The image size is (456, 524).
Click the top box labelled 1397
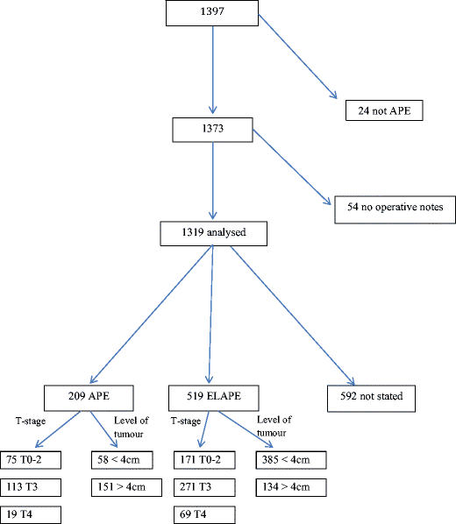point(211,13)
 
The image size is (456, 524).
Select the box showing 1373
point(211,129)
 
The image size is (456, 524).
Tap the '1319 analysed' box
point(211,233)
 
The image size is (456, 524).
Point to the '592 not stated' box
point(372,397)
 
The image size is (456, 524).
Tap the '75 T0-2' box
point(33,460)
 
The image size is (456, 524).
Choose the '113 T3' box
point(33,487)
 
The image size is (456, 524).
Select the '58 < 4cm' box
point(124,460)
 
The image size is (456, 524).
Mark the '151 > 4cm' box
point(124,487)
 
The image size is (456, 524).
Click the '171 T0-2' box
point(204,460)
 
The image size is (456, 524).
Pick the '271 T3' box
point(204,487)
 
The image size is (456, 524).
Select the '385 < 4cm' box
point(289,460)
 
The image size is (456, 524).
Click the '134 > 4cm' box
point(289,487)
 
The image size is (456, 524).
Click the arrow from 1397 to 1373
point(211,70)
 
